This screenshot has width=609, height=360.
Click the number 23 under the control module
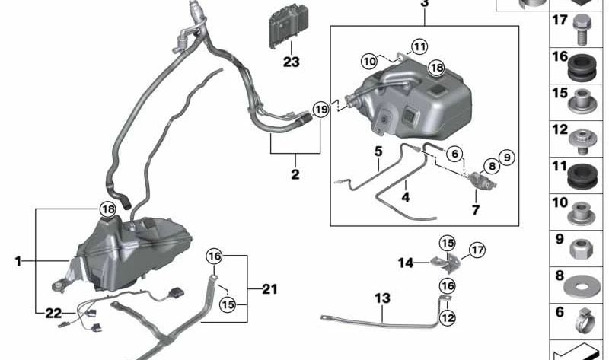pos(292,61)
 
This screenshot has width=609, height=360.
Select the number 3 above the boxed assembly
pos(424,3)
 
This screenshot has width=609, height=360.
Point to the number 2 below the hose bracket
pos(295,174)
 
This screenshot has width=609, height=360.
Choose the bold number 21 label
pos(269,289)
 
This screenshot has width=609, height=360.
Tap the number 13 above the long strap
pos(381,298)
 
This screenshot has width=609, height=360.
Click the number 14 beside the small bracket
pos(407,263)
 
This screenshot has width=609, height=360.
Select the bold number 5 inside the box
pos(378,151)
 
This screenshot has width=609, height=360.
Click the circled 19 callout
pos(320,110)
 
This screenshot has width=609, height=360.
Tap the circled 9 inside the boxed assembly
pos(507,158)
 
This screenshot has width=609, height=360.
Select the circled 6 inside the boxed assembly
pos(454,153)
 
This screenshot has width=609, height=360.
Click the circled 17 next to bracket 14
pos(477,249)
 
